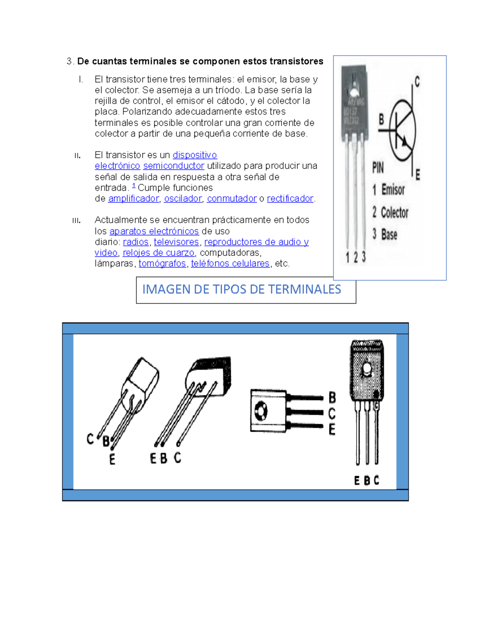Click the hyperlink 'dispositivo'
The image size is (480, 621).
(x=194, y=155)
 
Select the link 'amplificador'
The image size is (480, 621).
(x=133, y=199)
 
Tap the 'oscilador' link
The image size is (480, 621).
(x=183, y=199)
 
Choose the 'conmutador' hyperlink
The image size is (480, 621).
(x=232, y=199)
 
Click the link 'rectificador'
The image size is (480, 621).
(x=290, y=199)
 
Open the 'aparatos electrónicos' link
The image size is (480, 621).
(x=154, y=232)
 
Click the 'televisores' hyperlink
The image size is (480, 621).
(x=176, y=242)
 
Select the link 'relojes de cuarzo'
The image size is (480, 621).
(x=158, y=253)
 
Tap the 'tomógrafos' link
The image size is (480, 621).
(x=162, y=264)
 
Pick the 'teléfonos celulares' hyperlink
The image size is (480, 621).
(x=230, y=264)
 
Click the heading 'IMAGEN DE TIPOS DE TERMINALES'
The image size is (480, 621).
(x=242, y=290)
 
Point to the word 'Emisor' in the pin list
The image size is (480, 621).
(x=393, y=190)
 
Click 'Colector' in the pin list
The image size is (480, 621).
(x=394, y=213)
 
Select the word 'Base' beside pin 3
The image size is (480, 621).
(x=389, y=235)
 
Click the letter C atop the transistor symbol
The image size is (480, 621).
(x=417, y=82)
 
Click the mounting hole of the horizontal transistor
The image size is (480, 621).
(x=261, y=411)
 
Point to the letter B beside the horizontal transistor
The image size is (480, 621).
(x=332, y=397)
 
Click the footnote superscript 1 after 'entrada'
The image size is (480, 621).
(x=134, y=186)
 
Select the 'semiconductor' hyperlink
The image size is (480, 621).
(x=174, y=166)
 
